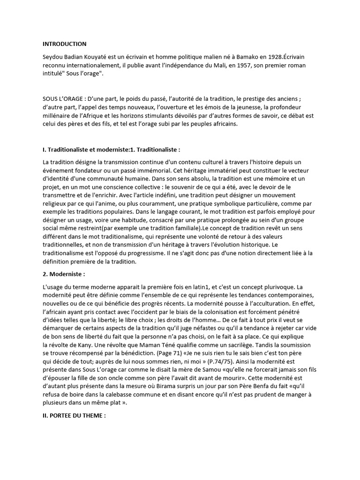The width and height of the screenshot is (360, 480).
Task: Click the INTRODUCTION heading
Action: [x=64, y=44]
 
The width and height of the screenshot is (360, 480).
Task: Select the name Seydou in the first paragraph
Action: [x=53, y=56]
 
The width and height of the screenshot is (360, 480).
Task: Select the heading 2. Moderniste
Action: [x=64, y=274]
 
